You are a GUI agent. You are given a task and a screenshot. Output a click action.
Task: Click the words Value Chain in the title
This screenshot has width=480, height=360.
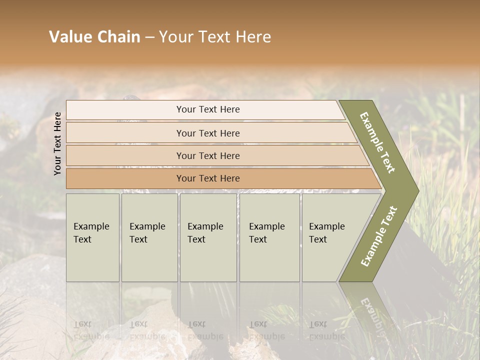[x=94, y=37]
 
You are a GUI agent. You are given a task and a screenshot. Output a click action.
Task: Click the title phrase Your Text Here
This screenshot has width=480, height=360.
[x=215, y=37]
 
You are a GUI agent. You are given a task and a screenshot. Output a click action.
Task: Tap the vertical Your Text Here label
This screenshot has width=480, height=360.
[x=57, y=143]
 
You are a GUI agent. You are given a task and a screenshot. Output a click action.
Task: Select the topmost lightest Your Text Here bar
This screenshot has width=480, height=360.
[x=208, y=109]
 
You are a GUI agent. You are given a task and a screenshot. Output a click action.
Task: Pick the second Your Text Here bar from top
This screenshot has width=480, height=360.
[x=208, y=133]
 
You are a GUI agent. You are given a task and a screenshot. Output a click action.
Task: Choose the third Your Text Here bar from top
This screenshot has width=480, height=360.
[x=208, y=155]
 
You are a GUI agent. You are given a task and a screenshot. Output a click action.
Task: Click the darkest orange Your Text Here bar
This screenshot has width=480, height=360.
[x=208, y=178]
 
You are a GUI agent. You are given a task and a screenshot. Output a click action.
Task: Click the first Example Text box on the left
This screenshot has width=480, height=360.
[x=92, y=237]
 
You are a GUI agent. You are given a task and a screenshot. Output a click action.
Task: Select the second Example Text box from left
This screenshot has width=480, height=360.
[x=149, y=237]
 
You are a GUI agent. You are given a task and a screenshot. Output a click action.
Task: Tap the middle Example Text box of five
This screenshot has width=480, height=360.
[x=208, y=237]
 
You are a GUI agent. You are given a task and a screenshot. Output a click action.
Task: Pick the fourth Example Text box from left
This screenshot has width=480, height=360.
[x=269, y=237]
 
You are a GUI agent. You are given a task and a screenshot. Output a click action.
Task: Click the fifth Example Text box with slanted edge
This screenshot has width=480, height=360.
[x=330, y=237]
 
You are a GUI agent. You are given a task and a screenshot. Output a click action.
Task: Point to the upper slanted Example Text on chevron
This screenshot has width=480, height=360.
[x=377, y=142]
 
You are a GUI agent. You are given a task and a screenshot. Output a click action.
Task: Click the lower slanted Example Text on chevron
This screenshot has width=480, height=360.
[x=378, y=236]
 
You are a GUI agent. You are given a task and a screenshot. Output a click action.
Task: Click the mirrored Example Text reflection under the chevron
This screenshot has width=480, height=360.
[x=372, y=315]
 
